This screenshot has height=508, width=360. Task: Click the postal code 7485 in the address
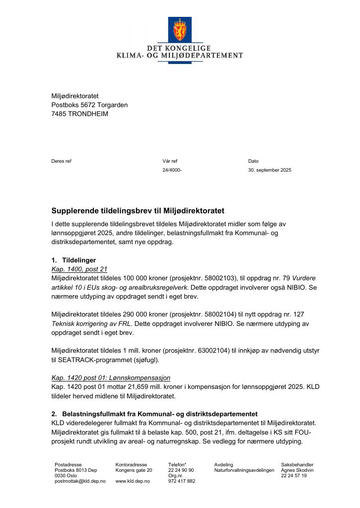[x=59, y=114]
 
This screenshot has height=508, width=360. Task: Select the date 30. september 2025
[x=270, y=170]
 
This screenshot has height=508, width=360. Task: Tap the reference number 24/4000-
[x=172, y=170]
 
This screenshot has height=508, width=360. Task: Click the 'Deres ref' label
[x=61, y=161]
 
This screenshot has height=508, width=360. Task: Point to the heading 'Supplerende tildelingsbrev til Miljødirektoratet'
[x=138, y=211]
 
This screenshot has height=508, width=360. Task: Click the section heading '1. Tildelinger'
[x=73, y=260]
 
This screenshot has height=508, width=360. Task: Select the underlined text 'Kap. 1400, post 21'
[x=76, y=269]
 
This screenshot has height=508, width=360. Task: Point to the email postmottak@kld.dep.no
[x=80, y=481]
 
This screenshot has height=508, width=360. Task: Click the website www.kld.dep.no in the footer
[x=133, y=481]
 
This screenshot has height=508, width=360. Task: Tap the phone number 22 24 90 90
[x=181, y=470]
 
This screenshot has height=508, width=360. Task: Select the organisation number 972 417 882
[x=182, y=481]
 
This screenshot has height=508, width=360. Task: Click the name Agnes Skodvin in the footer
[x=297, y=470]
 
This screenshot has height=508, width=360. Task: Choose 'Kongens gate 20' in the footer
[x=134, y=470]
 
